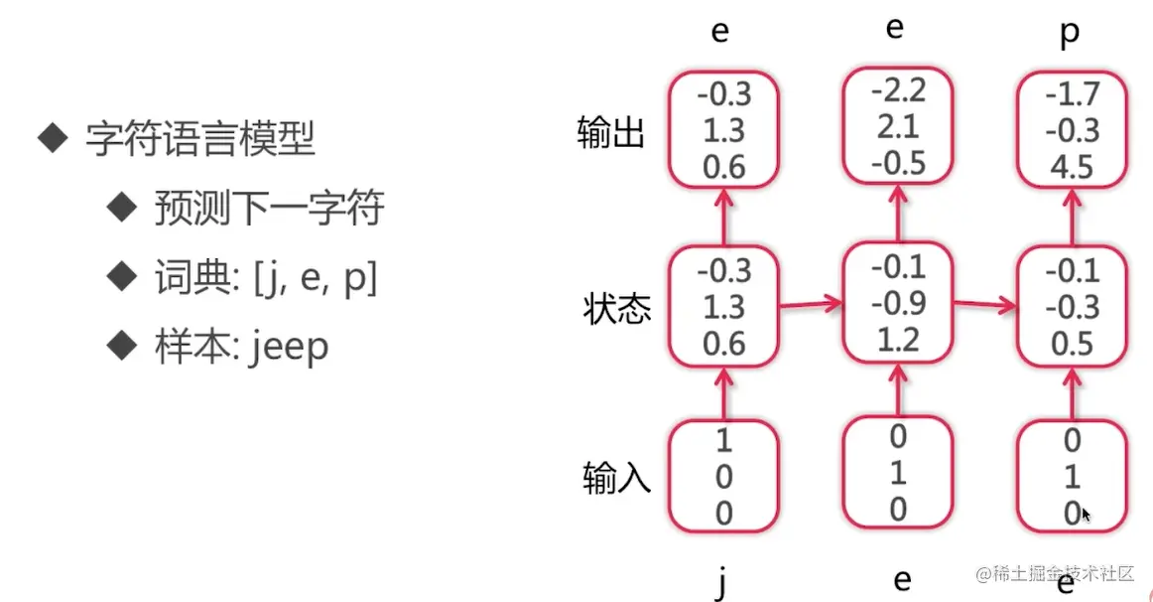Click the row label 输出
(x=611, y=132)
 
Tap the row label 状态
(x=616, y=309)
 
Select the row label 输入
(x=616, y=479)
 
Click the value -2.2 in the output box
(x=898, y=91)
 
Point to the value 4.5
(x=1073, y=165)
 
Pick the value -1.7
(x=1073, y=95)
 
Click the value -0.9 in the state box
(x=898, y=302)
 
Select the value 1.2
(x=898, y=338)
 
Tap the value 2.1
(x=898, y=127)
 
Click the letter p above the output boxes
(x=1070, y=32)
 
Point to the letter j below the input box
(x=721, y=581)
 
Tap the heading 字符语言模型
(x=199, y=139)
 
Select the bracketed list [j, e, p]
(x=316, y=279)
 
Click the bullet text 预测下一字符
(x=269, y=209)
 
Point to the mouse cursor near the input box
(x=1087, y=515)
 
